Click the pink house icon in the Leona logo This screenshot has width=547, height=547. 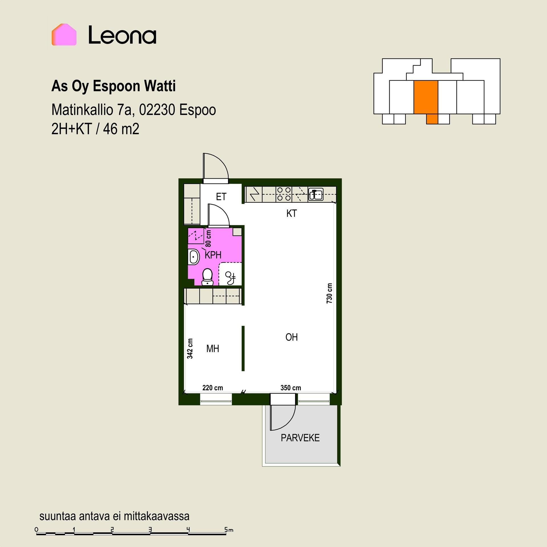pyautogui.click(x=64, y=34)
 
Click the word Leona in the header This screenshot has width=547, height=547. pyautogui.click(x=122, y=35)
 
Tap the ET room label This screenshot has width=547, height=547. pyautogui.click(x=221, y=197)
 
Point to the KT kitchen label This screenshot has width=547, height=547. pyautogui.click(x=291, y=213)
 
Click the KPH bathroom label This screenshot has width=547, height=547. pyautogui.click(x=213, y=255)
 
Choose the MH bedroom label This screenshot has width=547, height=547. pyautogui.click(x=213, y=348)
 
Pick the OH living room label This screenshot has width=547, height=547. pyautogui.click(x=291, y=337)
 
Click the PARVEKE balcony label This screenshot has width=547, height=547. pyautogui.click(x=300, y=438)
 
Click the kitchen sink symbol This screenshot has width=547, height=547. pyautogui.click(x=316, y=194)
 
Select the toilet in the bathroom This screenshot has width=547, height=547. pyautogui.click(x=207, y=277)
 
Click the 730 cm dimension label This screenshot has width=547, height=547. pyautogui.click(x=329, y=293)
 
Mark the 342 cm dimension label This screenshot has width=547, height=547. pyautogui.click(x=190, y=348)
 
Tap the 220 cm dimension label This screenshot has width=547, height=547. pyautogui.click(x=213, y=388)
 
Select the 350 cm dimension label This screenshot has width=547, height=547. pyautogui.click(x=291, y=388)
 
